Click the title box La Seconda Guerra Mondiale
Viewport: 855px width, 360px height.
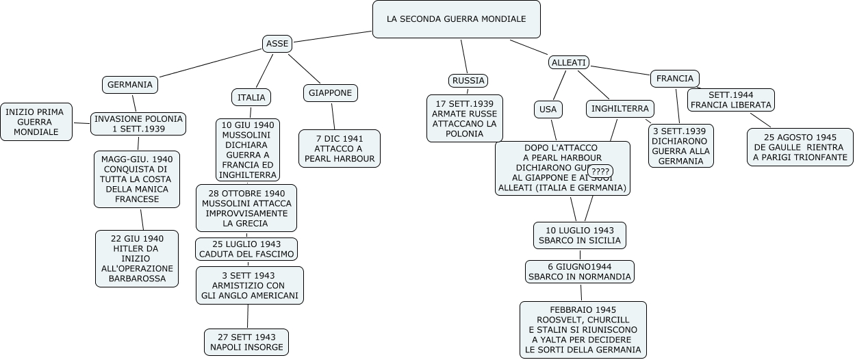pos(456,19)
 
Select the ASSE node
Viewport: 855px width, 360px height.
pos(277,44)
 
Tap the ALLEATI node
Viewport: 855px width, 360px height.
pos(569,62)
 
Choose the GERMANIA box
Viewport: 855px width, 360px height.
pos(130,85)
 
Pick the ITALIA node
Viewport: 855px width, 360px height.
pos(251,98)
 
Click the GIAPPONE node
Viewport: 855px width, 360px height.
pos(330,92)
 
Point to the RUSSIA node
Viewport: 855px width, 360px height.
pos(468,81)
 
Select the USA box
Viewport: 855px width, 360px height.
pos(548,109)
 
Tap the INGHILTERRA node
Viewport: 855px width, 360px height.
pos(620,109)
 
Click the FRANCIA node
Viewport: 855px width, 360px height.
pos(675,79)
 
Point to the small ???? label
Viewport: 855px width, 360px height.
pos(600,170)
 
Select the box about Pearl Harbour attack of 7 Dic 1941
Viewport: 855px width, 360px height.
pos(340,148)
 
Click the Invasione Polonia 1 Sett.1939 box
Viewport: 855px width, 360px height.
pos(139,124)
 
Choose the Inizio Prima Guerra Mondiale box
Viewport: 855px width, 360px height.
pos(36,122)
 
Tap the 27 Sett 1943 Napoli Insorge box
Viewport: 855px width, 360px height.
pos(246,342)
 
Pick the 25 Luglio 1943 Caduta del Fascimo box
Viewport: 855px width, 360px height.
pos(246,249)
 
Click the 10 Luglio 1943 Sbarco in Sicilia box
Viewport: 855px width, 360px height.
pos(579,235)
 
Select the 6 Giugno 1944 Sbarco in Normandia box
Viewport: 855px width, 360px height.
pos(579,272)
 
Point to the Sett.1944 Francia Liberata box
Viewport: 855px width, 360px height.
pos(730,100)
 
